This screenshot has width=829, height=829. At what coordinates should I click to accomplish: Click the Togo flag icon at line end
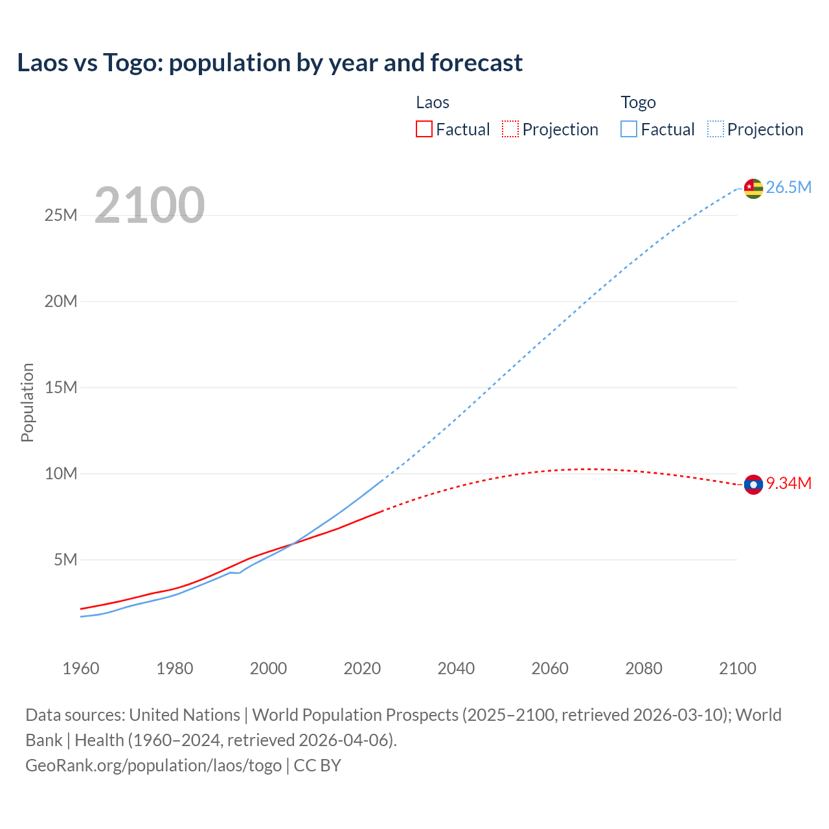[x=753, y=188]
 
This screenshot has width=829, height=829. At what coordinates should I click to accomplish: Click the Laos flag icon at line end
[x=753, y=484]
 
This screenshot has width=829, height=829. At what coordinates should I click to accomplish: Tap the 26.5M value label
[x=788, y=188]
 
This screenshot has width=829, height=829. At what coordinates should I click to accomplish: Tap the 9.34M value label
[x=789, y=484]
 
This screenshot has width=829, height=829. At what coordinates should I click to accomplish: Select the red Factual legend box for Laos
[x=424, y=130]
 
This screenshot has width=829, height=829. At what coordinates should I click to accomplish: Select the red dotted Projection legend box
[x=510, y=130]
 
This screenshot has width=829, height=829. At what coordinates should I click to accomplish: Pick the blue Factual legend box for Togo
[x=629, y=130]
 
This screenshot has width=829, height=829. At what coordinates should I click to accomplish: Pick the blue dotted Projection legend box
[x=716, y=130]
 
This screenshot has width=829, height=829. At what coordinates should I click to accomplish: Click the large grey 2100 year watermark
[x=150, y=205]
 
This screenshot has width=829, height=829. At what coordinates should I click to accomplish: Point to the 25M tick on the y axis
[x=61, y=215]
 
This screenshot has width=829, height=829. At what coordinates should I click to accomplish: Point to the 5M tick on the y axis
[x=65, y=560]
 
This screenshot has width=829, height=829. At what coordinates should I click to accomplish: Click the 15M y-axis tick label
[x=61, y=387]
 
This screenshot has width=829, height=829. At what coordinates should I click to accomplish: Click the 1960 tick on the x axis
[x=81, y=668]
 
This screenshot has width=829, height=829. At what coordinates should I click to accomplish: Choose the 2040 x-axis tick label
[x=456, y=668]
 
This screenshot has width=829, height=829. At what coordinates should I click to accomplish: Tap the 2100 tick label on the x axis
[x=738, y=668]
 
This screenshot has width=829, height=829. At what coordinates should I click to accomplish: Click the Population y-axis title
[x=27, y=402]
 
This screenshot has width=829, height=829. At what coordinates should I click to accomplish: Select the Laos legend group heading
[x=433, y=102]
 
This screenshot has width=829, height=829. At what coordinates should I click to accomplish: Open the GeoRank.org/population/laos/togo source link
[x=153, y=766]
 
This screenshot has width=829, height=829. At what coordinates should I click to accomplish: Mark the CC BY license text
[x=317, y=766]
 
